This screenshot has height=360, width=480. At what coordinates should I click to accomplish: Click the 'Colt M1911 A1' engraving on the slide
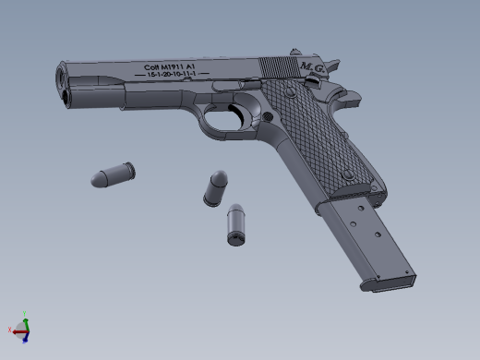(x=170, y=66)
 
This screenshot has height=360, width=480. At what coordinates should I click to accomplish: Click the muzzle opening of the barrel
(x=63, y=76)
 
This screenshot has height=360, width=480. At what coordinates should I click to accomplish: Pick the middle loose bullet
(x=216, y=186)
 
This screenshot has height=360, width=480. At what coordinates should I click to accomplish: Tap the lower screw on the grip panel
(x=348, y=174)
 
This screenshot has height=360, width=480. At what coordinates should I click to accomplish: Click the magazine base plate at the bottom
(x=388, y=282)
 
